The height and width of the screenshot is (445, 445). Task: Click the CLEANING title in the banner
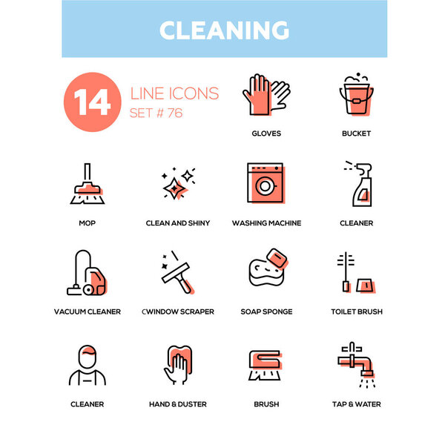(x=223, y=30)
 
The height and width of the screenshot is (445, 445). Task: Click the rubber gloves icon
(x=266, y=95)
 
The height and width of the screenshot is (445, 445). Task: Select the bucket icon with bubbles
(x=356, y=95)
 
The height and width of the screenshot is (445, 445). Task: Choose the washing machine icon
(x=266, y=184)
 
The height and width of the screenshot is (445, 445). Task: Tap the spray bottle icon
(x=356, y=184)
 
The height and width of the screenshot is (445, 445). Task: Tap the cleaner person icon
(x=87, y=365)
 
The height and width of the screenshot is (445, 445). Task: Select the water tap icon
(x=356, y=363)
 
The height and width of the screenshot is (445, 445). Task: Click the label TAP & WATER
(x=356, y=404)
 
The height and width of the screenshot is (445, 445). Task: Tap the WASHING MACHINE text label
(x=266, y=222)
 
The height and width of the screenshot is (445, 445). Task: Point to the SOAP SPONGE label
(x=266, y=311)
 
